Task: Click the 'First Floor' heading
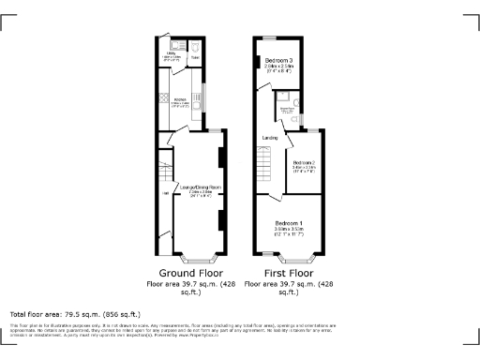click(x=286, y=273)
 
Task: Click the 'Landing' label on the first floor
click(x=269, y=138)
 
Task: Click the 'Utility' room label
click(x=172, y=54)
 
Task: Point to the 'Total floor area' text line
click(x=74, y=314)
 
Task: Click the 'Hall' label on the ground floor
click(x=166, y=194)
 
